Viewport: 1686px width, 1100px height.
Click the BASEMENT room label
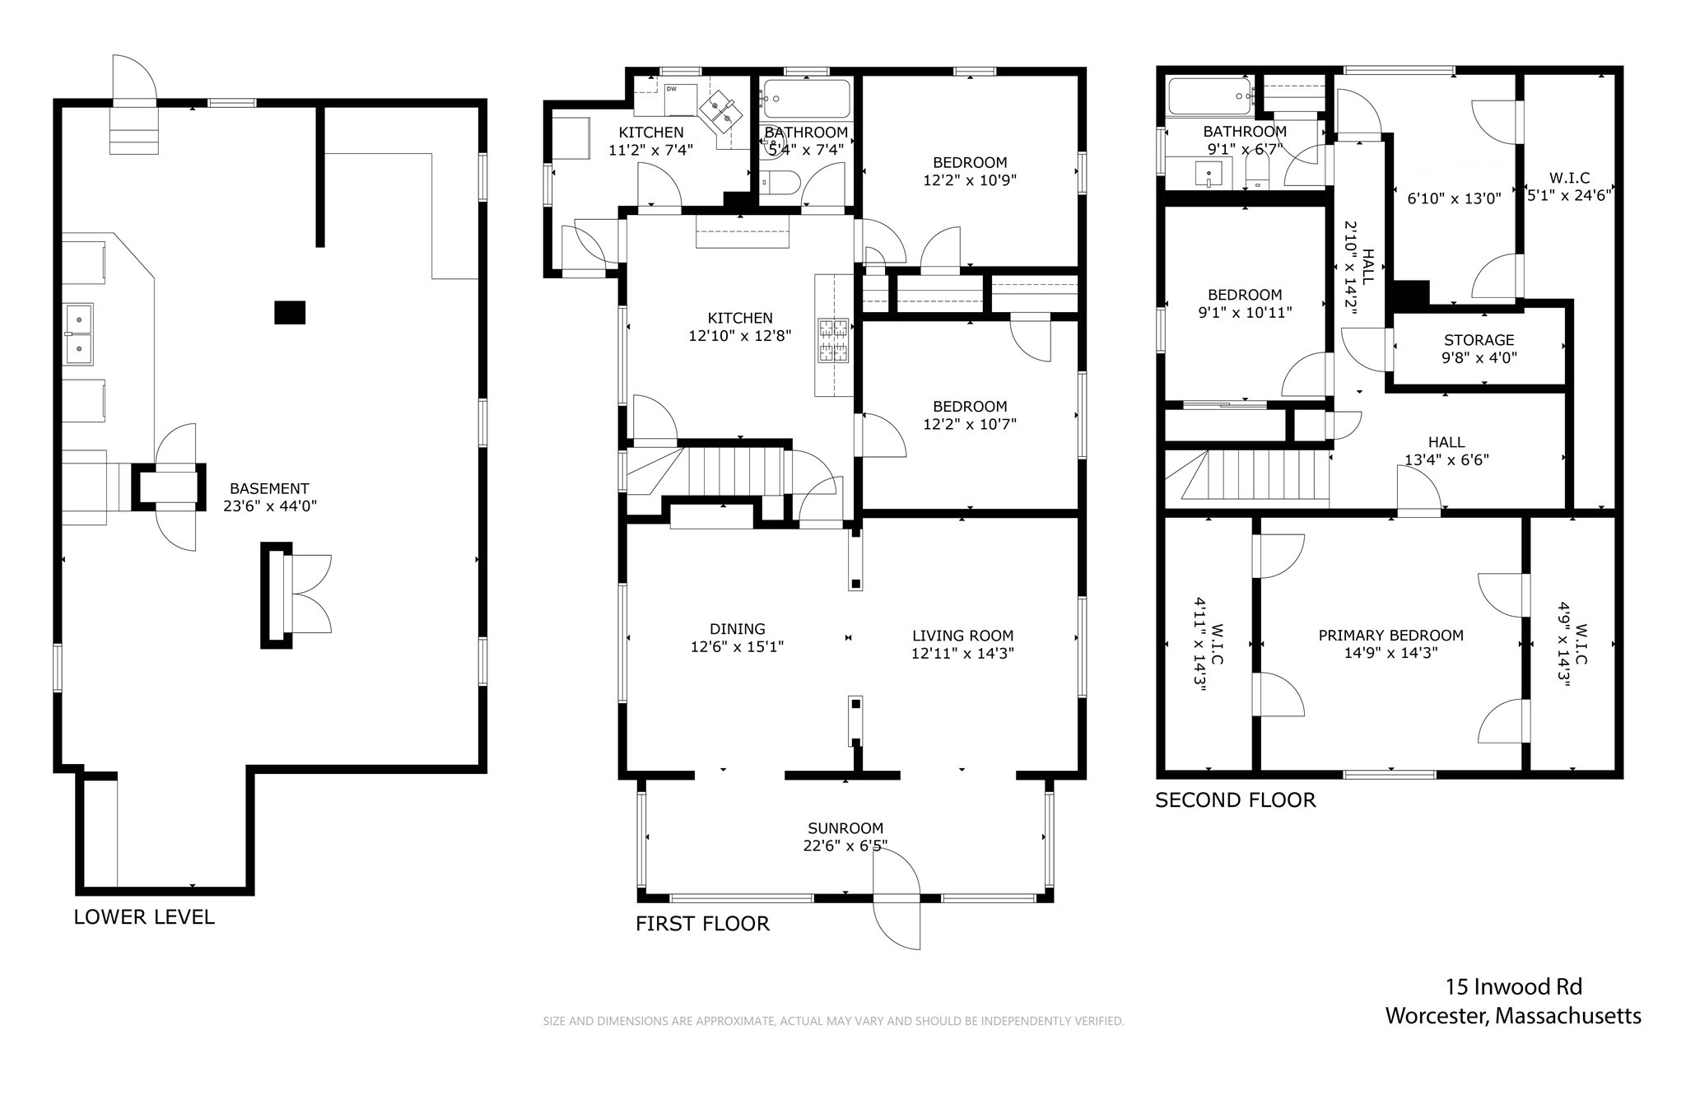point(269,488)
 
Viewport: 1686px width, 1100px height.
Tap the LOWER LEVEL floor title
point(144,917)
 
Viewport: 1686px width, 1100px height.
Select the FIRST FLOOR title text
point(702,924)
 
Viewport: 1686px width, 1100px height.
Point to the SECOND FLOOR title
point(1235,800)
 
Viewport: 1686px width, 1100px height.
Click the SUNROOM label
point(845,828)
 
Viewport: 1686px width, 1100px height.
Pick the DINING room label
point(738,629)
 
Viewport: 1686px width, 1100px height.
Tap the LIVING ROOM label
point(962,636)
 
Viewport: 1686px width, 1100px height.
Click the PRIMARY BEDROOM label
point(1390,636)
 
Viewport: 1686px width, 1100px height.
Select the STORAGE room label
point(1479,340)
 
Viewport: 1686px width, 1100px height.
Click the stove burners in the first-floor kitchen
point(832,341)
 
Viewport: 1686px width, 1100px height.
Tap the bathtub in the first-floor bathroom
point(806,99)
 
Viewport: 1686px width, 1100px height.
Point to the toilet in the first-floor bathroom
point(777,181)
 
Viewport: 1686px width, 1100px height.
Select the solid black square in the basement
point(290,313)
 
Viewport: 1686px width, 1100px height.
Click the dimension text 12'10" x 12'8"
point(740,336)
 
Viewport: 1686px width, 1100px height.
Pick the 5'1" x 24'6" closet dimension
point(1569,196)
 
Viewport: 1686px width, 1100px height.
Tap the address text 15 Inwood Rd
point(1514,986)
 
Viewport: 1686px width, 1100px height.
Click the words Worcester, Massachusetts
point(1513,1016)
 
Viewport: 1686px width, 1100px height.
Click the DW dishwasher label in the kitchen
point(671,89)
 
